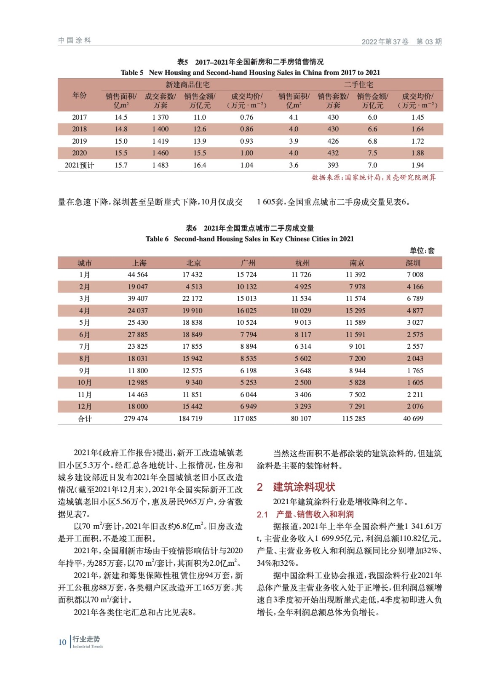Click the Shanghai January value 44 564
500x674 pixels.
point(138,275)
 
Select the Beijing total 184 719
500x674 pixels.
point(190,419)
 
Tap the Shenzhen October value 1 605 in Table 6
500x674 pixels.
point(414,382)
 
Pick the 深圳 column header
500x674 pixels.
point(413,263)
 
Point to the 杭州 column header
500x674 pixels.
point(302,263)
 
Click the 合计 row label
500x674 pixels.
point(85,419)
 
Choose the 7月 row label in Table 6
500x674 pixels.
point(85,347)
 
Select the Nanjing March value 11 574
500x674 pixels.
point(356,299)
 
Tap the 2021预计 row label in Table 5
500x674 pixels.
point(79,165)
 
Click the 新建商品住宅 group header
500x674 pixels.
point(187,85)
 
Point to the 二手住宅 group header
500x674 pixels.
point(358,85)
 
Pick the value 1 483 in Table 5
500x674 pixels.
point(160,165)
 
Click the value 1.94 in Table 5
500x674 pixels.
point(417,165)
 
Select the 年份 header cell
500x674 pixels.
point(79,95)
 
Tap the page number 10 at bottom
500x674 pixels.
point(62,642)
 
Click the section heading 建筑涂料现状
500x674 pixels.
point(304,487)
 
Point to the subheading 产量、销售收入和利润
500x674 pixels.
point(315,514)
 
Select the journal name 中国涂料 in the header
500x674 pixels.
point(75,40)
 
